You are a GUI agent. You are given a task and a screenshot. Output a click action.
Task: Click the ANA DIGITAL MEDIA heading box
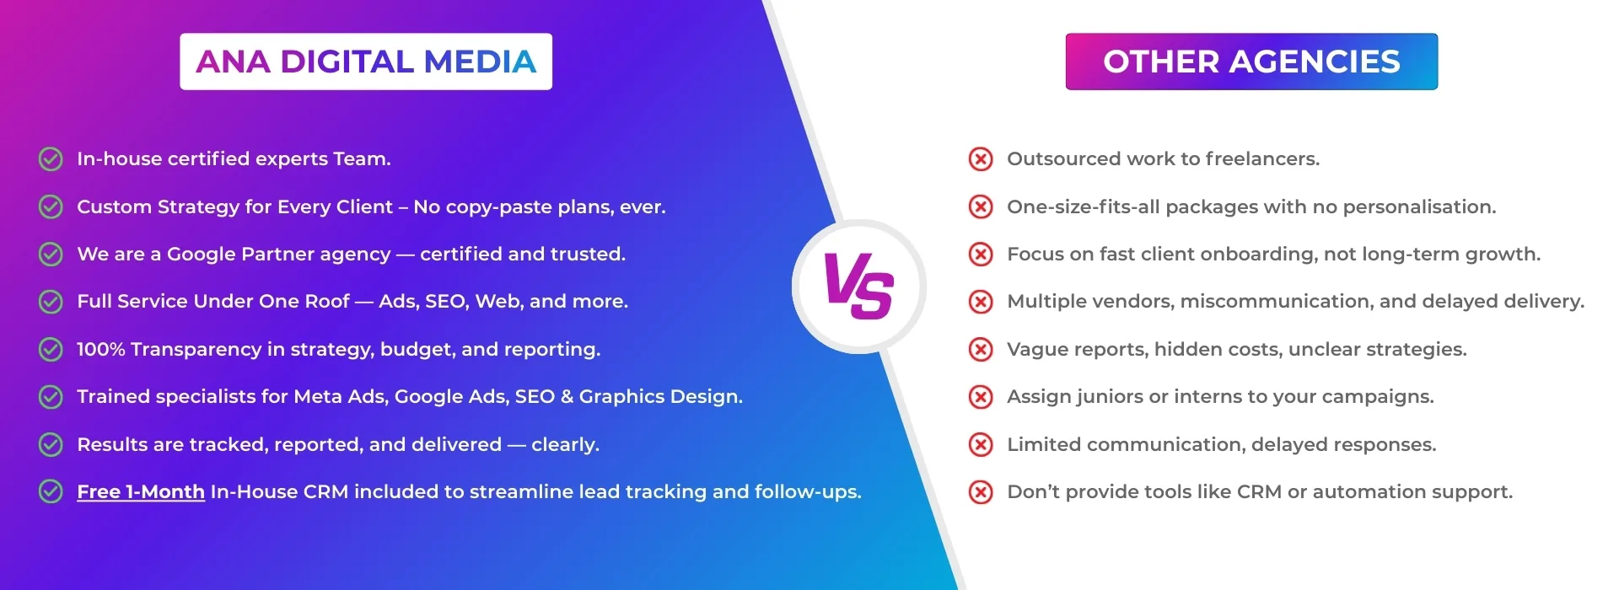tap(365, 62)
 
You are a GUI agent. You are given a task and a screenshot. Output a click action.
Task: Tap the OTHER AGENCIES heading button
tap(1251, 62)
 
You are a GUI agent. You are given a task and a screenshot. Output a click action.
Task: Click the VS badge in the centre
tap(858, 287)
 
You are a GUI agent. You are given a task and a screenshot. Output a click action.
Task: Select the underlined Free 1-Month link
tap(141, 491)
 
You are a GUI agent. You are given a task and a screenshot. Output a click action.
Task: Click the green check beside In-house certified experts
tap(51, 158)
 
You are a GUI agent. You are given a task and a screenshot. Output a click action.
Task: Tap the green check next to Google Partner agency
tap(51, 254)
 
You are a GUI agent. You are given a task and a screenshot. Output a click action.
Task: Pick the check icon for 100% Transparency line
tap(51, 349)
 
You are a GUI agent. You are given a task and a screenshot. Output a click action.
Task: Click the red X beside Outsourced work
tap(981, 158)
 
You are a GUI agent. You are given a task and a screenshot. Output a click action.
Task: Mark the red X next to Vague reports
tap(981, 349)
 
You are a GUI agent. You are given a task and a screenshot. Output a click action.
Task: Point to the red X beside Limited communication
tap(981, 444)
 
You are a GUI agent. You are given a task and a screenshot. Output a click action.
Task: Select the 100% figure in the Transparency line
tap(100, 349)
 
